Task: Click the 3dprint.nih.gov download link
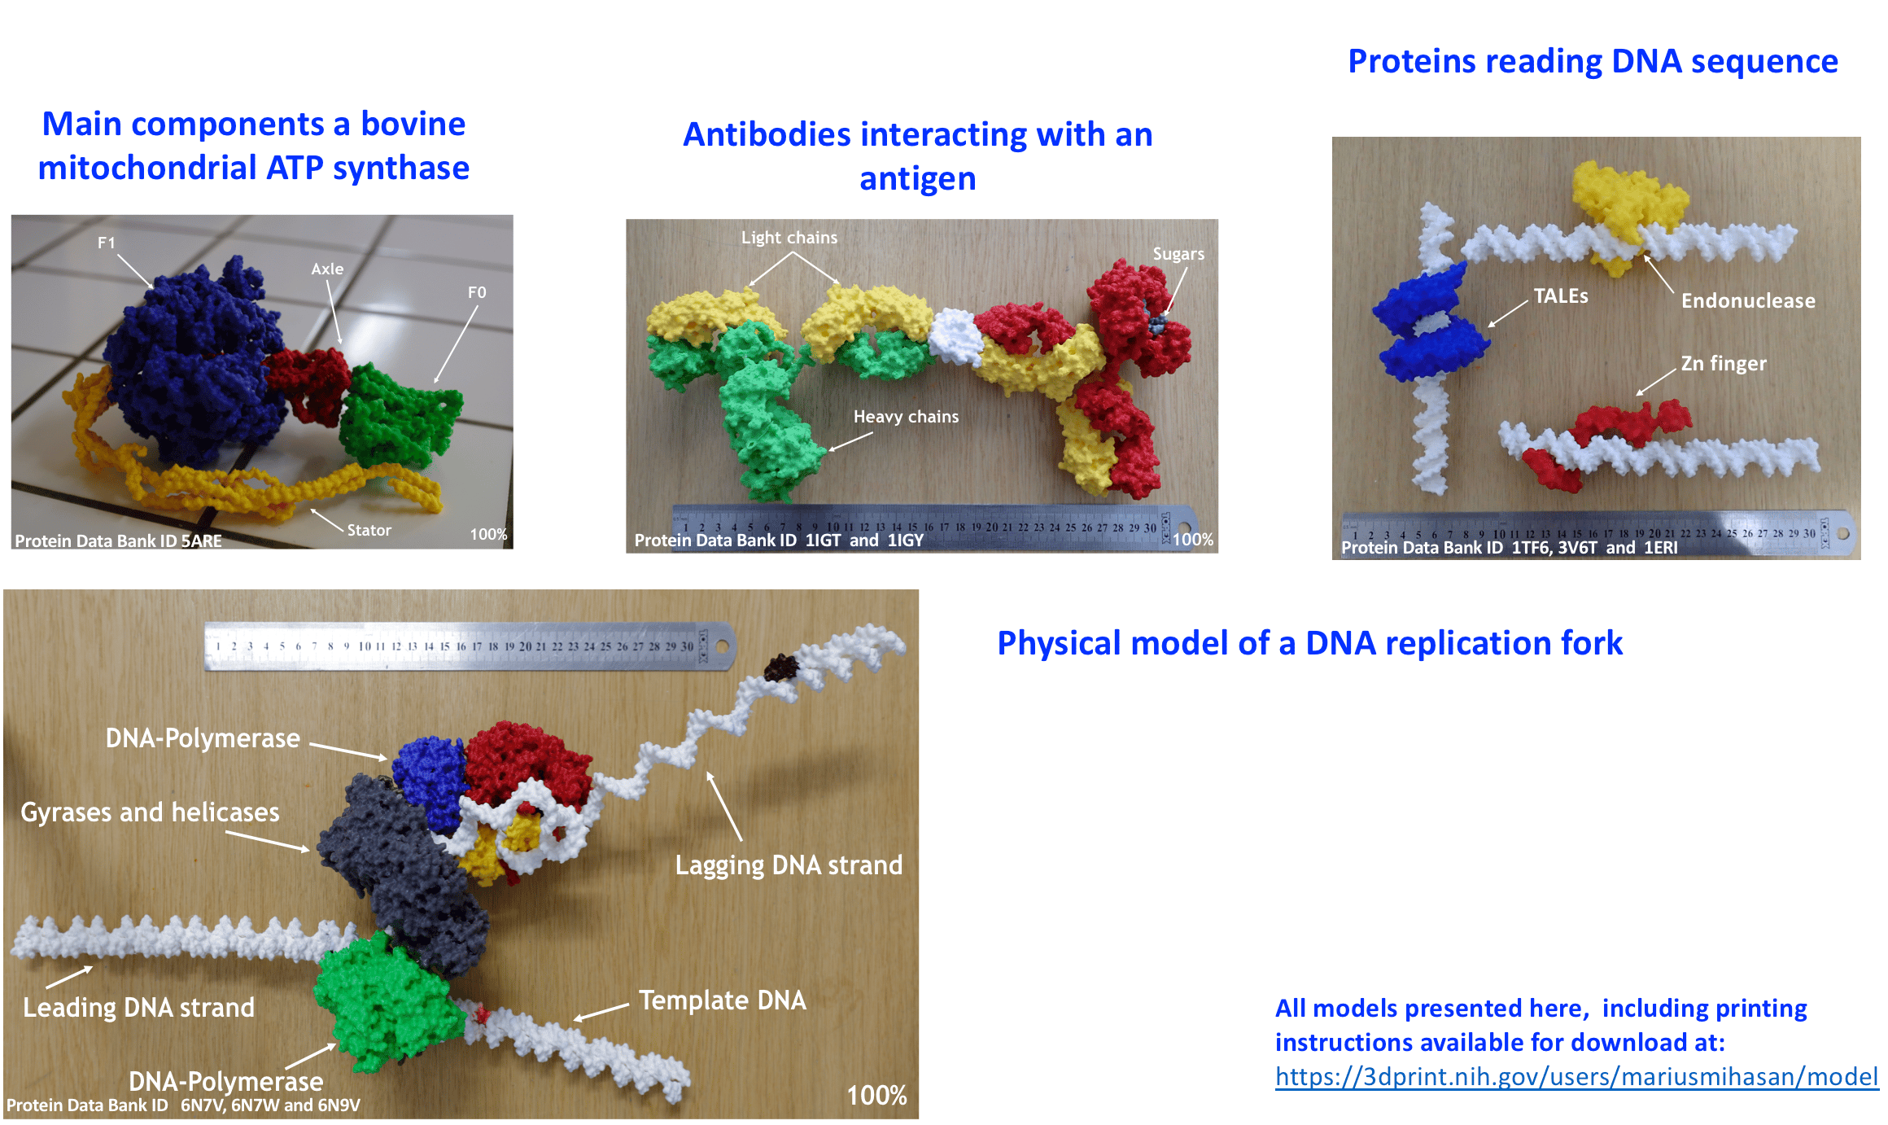1576,1076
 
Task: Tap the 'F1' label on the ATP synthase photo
107,243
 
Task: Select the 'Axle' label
327,269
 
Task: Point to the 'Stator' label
369,530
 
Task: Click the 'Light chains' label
789,238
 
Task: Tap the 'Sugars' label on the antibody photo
1178,254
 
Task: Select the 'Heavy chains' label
906,417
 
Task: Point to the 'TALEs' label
1560,296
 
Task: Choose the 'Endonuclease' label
1747,301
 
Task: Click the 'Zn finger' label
1723,363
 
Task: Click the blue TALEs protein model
1428,326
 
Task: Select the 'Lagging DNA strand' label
788,865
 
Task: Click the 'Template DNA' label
722,1000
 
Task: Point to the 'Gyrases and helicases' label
150,812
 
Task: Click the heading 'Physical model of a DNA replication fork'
1309,643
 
